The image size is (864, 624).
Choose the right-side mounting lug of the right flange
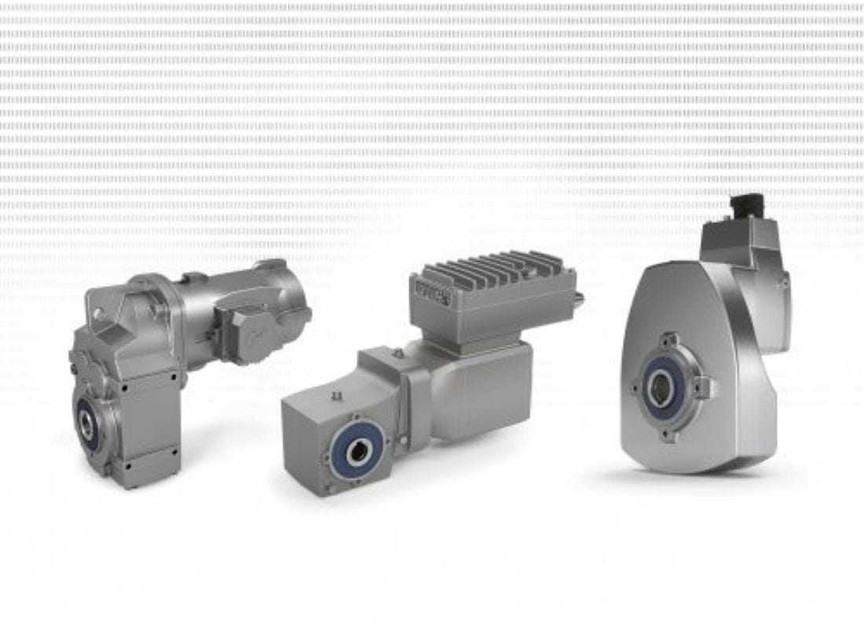[705, 387]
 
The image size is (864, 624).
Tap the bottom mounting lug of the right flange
[669, 432]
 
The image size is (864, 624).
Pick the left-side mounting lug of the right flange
[635, 387]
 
